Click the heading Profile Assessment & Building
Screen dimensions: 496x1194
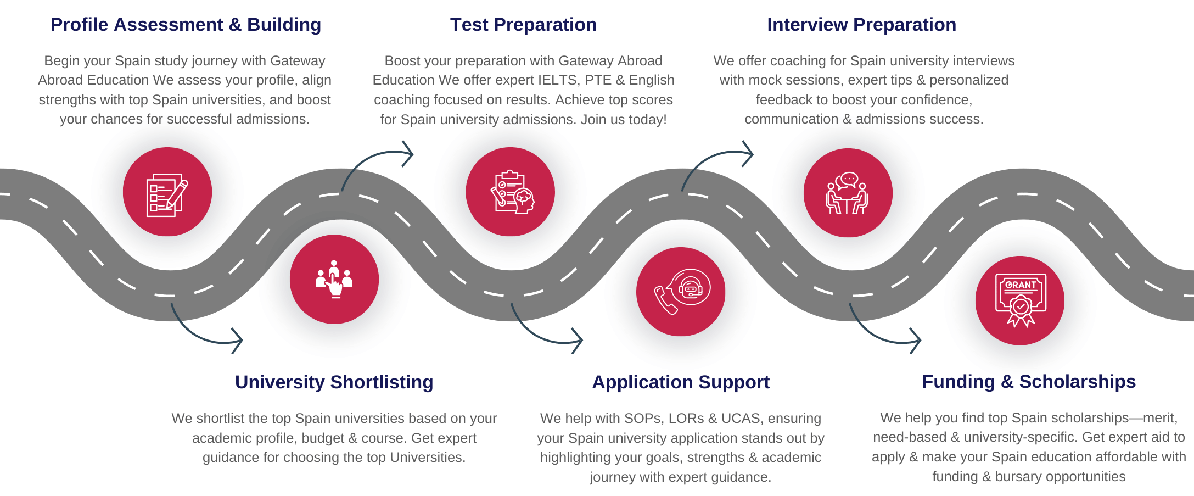tap(186, 25)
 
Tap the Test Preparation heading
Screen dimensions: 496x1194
tap(523, 25)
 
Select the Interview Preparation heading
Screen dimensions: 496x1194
tap(861, 25)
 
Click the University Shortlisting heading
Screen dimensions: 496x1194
tap(334, 382)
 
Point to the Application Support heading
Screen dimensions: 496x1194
tap(681, 382)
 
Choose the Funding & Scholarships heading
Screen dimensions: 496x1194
tap(1028, 382)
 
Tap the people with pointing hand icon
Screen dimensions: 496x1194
tap(334, 279)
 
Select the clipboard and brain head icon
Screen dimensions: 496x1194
tap(511, 192)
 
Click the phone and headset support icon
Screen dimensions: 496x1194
tap(681, 292)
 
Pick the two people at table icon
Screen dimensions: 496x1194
tap(847, 193)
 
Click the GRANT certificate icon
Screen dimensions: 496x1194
tap(1021, 300)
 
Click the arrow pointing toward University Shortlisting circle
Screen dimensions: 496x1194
tap(209, 332)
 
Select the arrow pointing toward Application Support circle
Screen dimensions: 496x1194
tap(549, 332)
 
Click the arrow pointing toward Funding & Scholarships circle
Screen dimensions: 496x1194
tap(887, 332)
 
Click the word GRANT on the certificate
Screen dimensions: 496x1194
tap(1021, 285)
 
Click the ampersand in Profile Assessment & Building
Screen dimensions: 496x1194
tap(235, 25)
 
